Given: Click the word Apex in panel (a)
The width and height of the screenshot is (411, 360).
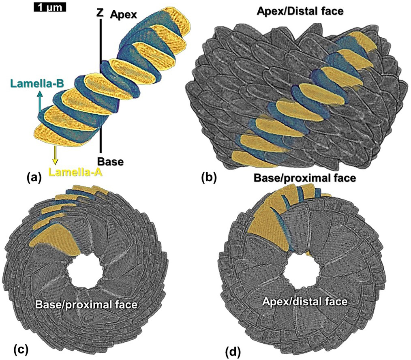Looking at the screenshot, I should (124, 15).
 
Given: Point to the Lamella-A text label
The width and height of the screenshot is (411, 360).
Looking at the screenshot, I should (75, 173).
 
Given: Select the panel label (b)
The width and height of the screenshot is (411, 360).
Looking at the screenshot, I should (209, 177).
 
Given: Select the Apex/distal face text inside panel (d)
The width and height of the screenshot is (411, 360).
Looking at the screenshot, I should (304, 302).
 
